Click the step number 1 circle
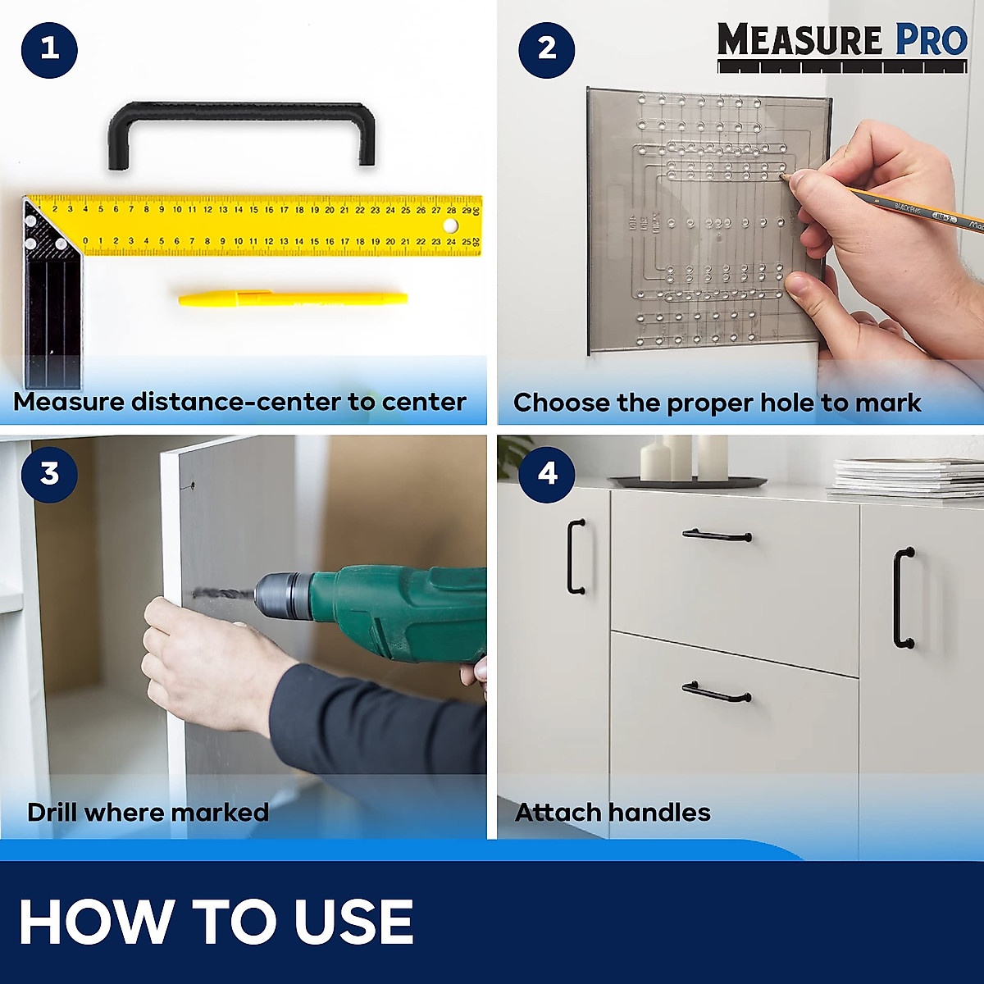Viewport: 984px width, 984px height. point(49,49)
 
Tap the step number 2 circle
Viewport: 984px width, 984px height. point(547,49)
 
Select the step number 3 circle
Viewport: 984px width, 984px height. point(49,474)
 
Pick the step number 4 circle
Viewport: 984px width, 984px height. point(547,474)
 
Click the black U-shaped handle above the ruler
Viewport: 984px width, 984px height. point(241,112)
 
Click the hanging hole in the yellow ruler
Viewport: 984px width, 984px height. point(449,225)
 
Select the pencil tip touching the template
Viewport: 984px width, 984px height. point(784,175)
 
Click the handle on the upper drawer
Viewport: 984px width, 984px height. point(717,535)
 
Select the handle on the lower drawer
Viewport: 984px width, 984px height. point(717,694)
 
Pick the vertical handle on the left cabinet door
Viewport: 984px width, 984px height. point(576,557)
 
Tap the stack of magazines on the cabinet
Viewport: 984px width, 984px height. point(906,477)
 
